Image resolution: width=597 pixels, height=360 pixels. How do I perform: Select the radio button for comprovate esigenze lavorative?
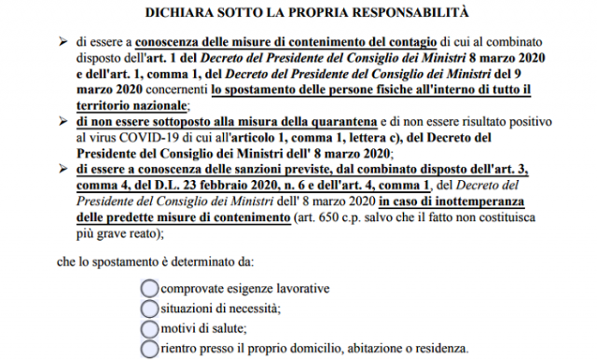[149, 288]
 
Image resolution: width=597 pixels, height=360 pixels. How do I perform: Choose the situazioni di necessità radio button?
[149, 308]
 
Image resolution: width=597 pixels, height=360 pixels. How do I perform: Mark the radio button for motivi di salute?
[149, 328]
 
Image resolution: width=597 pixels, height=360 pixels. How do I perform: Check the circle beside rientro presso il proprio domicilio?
[149, 349]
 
